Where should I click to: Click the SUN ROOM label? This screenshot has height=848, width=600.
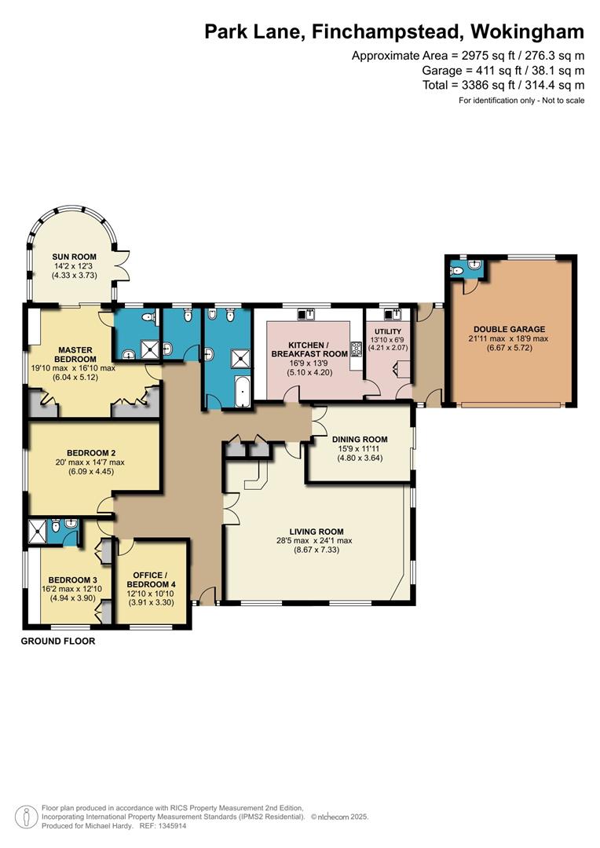[x=74, y=257]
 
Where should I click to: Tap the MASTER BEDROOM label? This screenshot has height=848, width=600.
[x=75, y=354]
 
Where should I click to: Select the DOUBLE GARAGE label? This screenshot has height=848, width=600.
[x=509, y=329]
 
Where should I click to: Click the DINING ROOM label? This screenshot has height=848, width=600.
[x=360, y=439]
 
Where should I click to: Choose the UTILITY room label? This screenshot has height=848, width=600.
[x=388, y=331]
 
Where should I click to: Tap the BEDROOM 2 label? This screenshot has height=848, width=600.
[x=91, y=453]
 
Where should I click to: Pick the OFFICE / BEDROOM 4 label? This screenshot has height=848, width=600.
[x=151, y=579]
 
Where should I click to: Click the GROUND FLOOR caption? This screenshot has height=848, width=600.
[x=58, y=641]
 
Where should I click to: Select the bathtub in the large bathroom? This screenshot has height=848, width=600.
[x=243, y=391]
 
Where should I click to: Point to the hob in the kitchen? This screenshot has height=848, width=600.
[x=357, y=349]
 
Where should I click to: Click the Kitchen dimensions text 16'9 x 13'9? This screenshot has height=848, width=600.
[x=309, y=364]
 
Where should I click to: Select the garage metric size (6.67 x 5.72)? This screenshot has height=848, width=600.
[x=509, y=348]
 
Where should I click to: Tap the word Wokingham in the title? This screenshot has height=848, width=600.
[x=528, y=31]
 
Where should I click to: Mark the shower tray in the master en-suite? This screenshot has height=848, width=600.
[x=150, y=349]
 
